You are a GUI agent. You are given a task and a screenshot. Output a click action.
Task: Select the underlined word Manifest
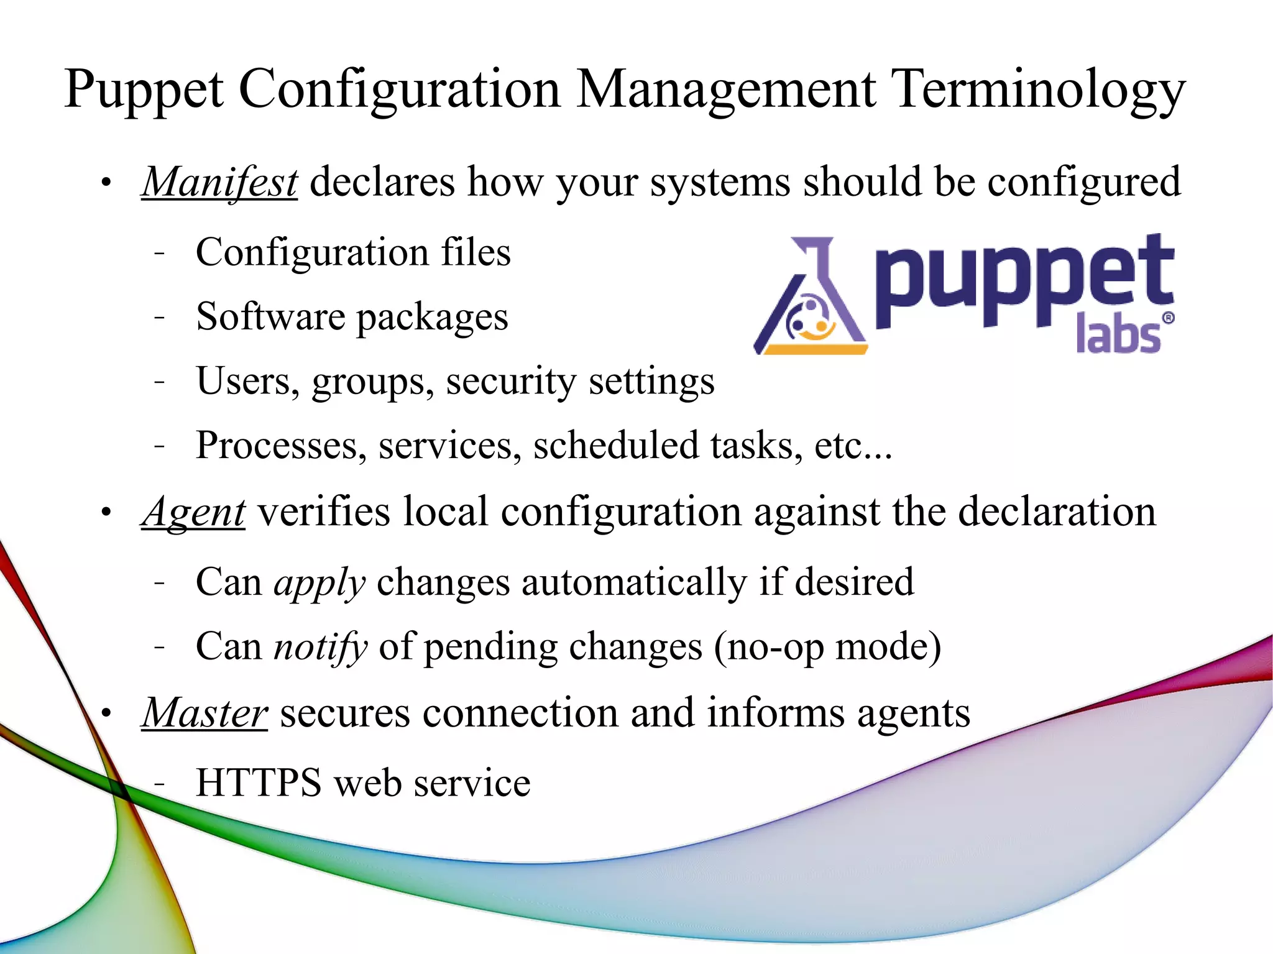coord(219,182)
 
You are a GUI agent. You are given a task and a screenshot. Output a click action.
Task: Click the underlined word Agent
coord(193,512)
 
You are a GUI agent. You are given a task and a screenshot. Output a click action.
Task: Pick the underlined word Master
coord(205,712)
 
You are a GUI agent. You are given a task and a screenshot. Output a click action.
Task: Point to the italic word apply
coord(319,583)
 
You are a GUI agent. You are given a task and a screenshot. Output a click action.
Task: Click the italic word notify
coord(321,646)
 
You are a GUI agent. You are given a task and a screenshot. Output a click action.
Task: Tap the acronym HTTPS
coord(258,782)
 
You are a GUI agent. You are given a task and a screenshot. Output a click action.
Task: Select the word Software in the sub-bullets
coord(270,316)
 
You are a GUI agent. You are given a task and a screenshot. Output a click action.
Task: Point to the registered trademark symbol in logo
coord(1168,318)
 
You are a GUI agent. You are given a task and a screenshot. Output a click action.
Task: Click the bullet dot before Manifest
coord(106,183)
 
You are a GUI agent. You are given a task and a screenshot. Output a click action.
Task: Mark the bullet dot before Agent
coord(106,513)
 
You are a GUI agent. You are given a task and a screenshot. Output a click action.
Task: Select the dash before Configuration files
coord(160,253)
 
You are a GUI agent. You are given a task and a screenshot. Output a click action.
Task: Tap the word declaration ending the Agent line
coord(1057,512)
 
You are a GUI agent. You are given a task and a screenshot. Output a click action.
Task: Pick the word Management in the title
coord(726,90)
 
